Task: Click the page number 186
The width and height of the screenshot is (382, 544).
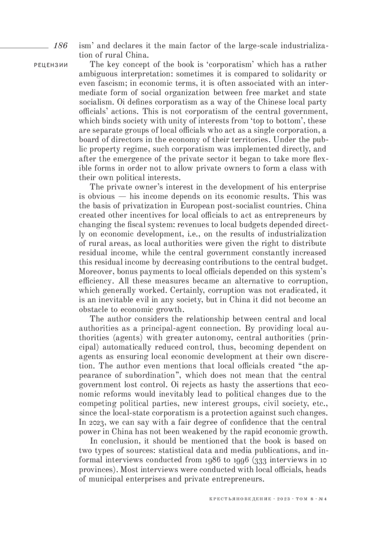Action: tap(60, 45)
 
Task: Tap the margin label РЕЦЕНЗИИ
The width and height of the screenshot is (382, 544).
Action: tap(51, 65)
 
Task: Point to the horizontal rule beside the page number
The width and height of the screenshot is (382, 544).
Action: tap(24, 48)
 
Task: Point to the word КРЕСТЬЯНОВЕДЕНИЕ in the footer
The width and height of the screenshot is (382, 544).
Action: tap(240, 499)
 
